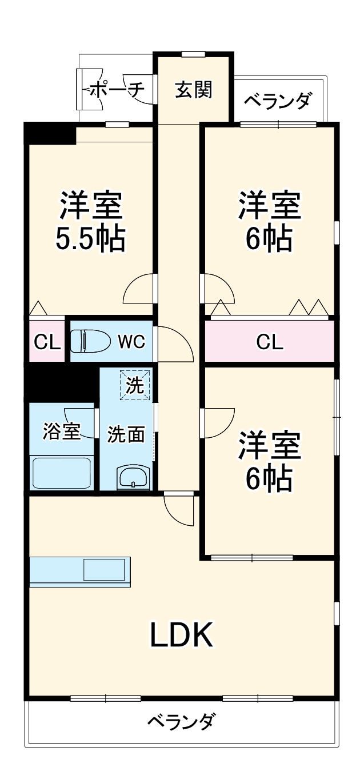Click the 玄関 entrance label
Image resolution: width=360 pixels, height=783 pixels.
pyautogui.click(x=194, y=90)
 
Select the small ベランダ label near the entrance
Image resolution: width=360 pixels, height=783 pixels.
pyautogui.click(x=278, y=101)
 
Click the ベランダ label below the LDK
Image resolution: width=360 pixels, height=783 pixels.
pyautogui.click(x=181, y=722)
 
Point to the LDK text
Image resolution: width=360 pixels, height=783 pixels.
pyautogui.click(x=181, y=634)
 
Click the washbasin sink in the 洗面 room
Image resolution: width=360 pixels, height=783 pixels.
pyautogui.click(x=133, y=476)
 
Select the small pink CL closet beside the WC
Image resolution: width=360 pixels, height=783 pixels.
pyautogui.click(x=47, y=342)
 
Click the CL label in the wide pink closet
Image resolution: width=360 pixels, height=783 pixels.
pyautogui.click(x=270, y=342)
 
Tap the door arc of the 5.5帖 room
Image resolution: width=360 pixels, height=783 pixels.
pyautogui.click(x=138, y=289)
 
